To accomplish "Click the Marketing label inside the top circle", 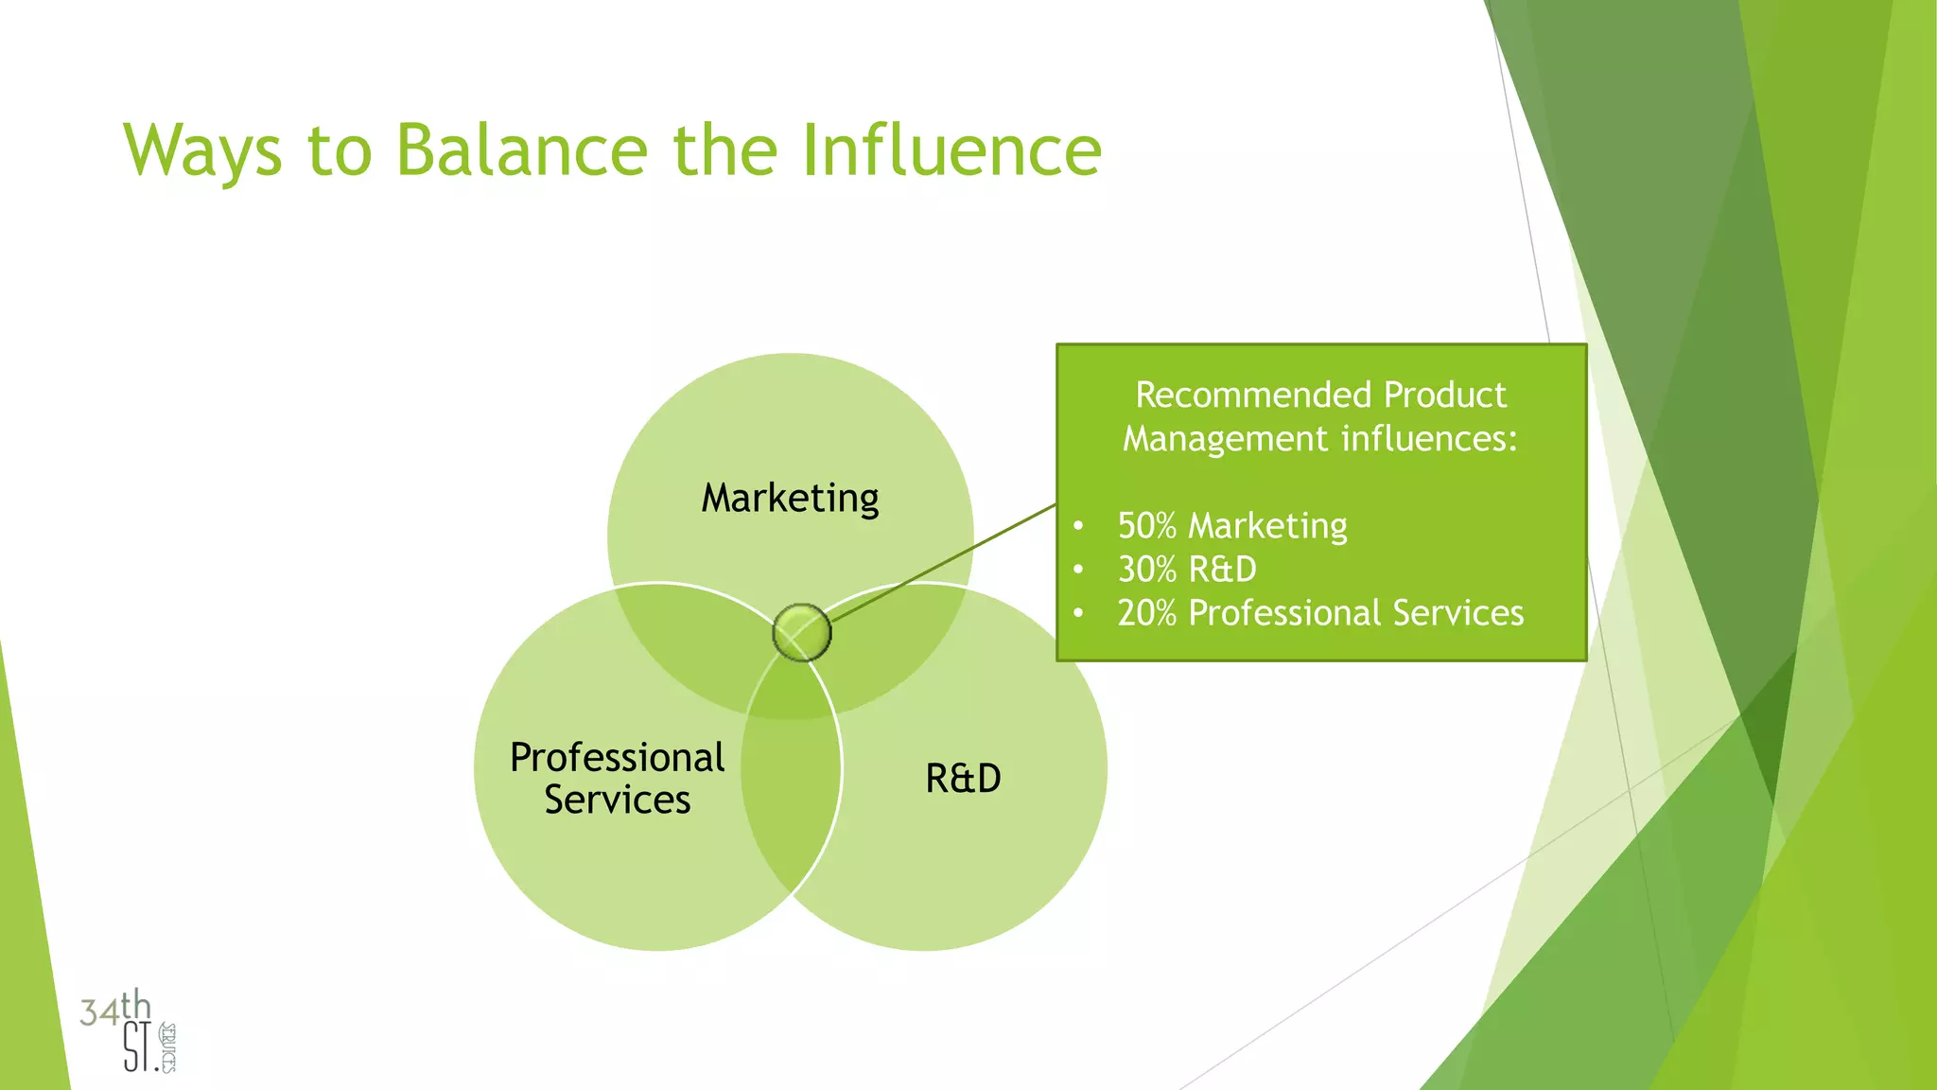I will pyautogui.click(x=790, y=498).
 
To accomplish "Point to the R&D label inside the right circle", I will pyautogui.click(x=963, y=779).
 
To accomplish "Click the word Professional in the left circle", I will pyautogui.click(x=617, y=758).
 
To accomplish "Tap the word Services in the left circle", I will pyautogui.click(x=617, y=800).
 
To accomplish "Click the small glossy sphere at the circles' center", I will pyautogui.click(x=801, y=632).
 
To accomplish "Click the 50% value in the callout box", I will pyautogui.click(x=1146, y=525).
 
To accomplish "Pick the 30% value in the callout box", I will pyautogui.click(x=1146, y=569).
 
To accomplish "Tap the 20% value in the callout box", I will pyautogui.click(x=1146, y=613).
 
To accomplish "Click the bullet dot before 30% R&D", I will pyautogui.click(x=1078, y=570).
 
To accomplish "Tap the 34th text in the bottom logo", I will pyautogui.click(x=114, y=1008).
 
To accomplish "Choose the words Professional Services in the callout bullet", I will pyautogui.click(x=1355, y=613).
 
